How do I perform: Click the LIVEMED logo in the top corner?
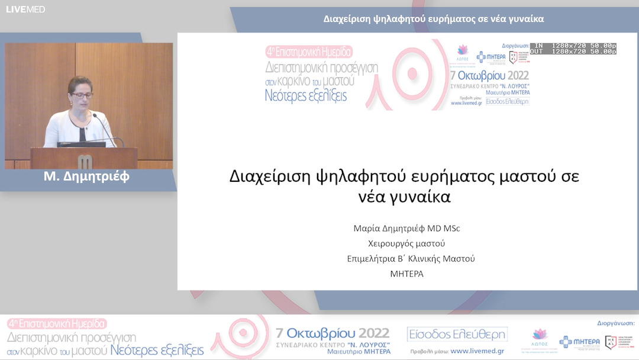(25, 9)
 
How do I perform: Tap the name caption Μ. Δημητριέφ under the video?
(86, 176)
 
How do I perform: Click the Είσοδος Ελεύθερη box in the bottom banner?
(457, 335)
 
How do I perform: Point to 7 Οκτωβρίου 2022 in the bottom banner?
(333, 333)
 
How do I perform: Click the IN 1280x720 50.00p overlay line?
(573, 45)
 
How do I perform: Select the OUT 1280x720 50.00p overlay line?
(573, 52)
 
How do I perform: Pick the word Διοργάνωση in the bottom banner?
(615, 323)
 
